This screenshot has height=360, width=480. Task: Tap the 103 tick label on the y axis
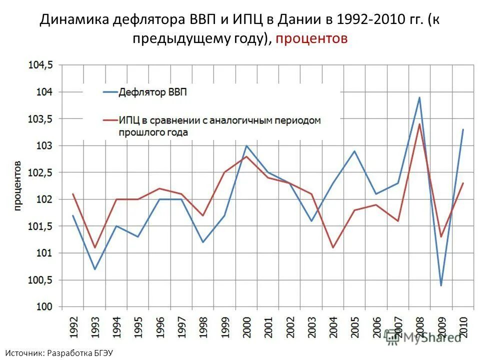pyautogui.click(x=47, y=145)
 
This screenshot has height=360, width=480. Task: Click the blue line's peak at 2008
pyautogui.click(x=419, y=97)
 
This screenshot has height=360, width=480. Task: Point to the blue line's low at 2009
pyautogui.click(x=441, y=285)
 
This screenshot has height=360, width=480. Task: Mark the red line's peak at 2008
pyautogui.click(x=419, y=124)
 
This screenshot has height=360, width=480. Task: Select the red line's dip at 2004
pyautogui.click(x=333, y=247)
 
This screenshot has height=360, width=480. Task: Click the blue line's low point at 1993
pyautogui.click(x=94, y=269)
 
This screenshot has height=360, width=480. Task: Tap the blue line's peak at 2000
pyautogui.click(x=246, y=145)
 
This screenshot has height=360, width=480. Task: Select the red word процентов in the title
pyautogui.click(x=310, y=39)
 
